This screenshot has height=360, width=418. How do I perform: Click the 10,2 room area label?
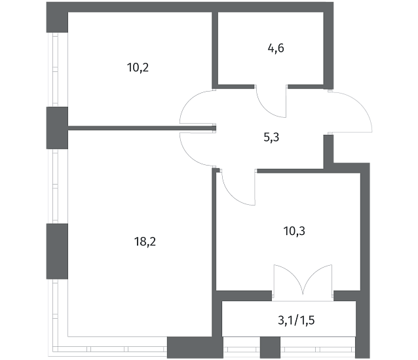pyautogui.click(x=138, y=67)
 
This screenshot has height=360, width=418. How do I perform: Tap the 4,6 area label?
pyautogui.click(x=276, y=48)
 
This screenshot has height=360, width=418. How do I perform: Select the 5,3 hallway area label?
pyautogui.click(x=271, y=137)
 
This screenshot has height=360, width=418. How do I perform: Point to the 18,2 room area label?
pyautogui.click(x=145, y=242)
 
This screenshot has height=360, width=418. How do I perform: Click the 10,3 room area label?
pyautogui.click(x=294, y=231)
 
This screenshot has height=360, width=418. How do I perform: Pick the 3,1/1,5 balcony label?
pyautogui.click(x=296, y=320)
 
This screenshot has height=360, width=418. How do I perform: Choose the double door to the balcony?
pyautogui.click(x=303, y=281)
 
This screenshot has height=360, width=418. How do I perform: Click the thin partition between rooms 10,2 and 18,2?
pyautogui.click(x=142, y=128)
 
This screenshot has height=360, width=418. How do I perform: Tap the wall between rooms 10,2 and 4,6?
pyautogui.click(x=215, y=50)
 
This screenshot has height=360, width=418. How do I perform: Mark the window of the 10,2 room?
pyautogui.click(x=55, y=70)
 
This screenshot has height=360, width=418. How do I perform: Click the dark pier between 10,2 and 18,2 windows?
pyautogui.click(x=57, y=128)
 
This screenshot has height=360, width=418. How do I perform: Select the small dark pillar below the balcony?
pyautogui.click(x=270, y=347)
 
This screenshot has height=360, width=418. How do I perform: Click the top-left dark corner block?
pyautogui.click(x=57, y=17)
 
